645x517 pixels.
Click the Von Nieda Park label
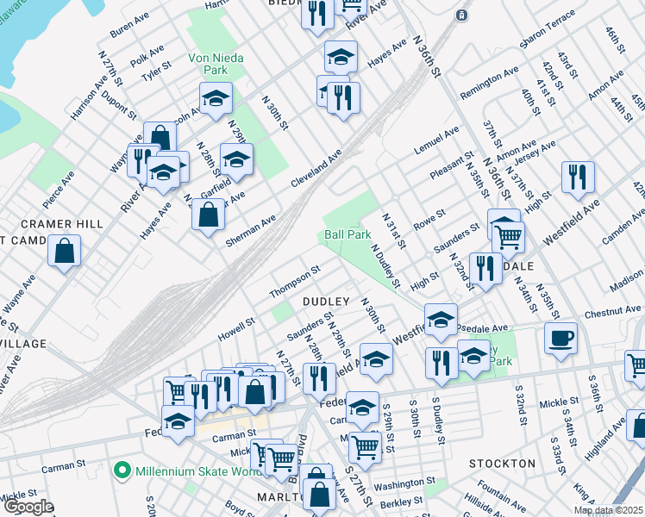pos(216,65)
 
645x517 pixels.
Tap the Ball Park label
pos(348,234)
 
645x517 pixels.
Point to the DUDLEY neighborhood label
pos(326,301)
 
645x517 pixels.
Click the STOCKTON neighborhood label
pos(503,464)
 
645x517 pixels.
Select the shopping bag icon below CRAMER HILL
pos(65,252)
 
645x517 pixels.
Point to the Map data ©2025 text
pos(607,510)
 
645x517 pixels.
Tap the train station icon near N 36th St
pos(462,15)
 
